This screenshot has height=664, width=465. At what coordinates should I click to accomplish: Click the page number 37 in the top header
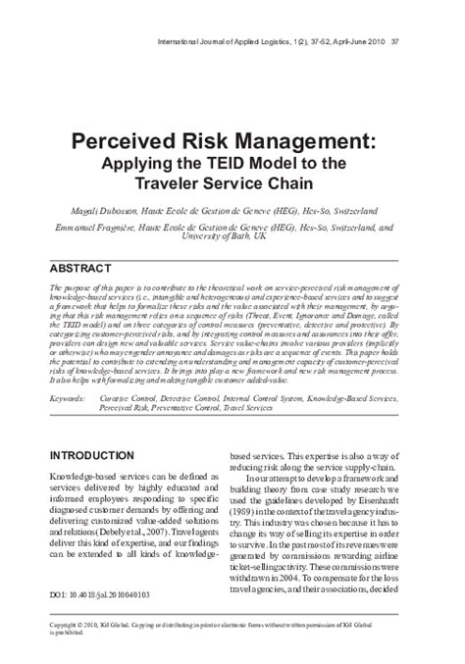pyautogui.click(x=420, y=15)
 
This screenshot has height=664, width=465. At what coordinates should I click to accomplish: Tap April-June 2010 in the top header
pyautogui.click(x=376, y=15)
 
